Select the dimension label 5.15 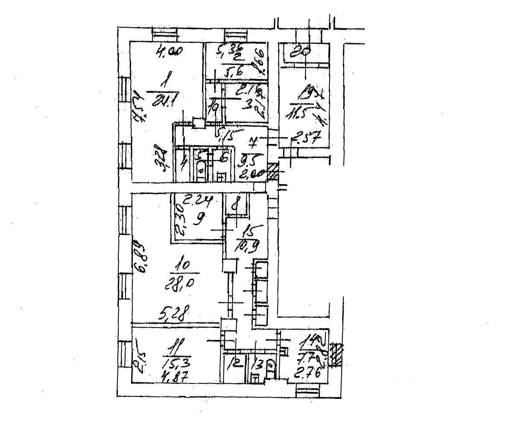(x=227, y=136)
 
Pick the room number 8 (x=234, y=205)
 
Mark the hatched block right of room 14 (x=337, y=354)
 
